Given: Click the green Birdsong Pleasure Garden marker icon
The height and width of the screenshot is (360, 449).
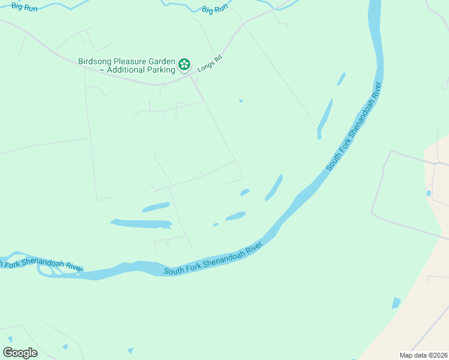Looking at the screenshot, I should [184, 64].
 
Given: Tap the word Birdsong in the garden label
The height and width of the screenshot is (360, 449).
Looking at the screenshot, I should [95, 61].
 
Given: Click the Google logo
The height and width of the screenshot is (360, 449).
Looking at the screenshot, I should [20, 353].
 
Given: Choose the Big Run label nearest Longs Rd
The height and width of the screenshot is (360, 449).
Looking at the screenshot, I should [215, 10].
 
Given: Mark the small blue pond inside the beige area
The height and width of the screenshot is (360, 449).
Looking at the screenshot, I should [428, 193].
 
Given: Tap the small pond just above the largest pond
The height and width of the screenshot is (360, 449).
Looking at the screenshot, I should [156, 208].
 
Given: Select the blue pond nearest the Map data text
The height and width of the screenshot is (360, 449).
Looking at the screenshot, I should [396, 303].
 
